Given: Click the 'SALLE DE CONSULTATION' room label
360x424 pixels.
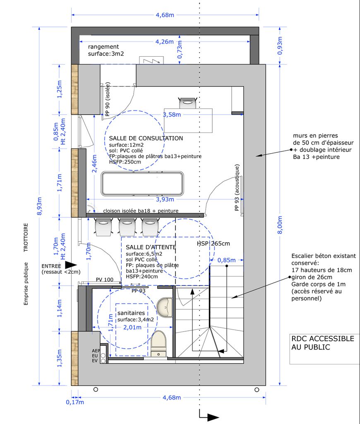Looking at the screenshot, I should pyautogui.click(x=146, y=138).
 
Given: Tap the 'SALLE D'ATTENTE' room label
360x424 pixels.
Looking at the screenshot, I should pyautogui.click(x=151, y=247).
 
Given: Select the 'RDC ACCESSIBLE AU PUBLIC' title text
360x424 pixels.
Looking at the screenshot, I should pyautogui.click(x=323, y=343).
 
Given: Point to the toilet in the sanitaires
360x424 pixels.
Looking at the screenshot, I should pyautogui.click(x=158, y=343).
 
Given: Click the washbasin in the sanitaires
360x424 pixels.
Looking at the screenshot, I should pyautogui.click(x=165, y=307).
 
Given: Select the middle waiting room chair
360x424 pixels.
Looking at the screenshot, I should pyautogui.click(x=127, y=227).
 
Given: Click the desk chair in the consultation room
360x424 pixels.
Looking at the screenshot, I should pyautogui.click(x=187, y=103).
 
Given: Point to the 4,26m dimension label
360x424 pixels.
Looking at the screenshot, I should pyautogui.click(x=164, y=41).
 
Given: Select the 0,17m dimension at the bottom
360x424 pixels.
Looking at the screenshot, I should pyautogui.click(x=75, y=402).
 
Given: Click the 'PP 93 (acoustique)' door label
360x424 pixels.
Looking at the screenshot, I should pyautogui.click(x=238, y=188).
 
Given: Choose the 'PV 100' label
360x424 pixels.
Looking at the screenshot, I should pyautogui.click(x=105, y=280).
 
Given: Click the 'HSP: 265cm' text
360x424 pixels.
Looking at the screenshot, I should pyautogui.click(x=213, y=243).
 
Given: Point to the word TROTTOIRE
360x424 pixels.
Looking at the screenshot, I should pyautogui.click(x=26, y=238).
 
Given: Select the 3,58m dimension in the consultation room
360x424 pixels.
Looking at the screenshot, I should pyautogui.click(x=172, y=115).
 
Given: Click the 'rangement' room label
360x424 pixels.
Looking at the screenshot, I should pyautogui.click(x=103, y=47).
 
